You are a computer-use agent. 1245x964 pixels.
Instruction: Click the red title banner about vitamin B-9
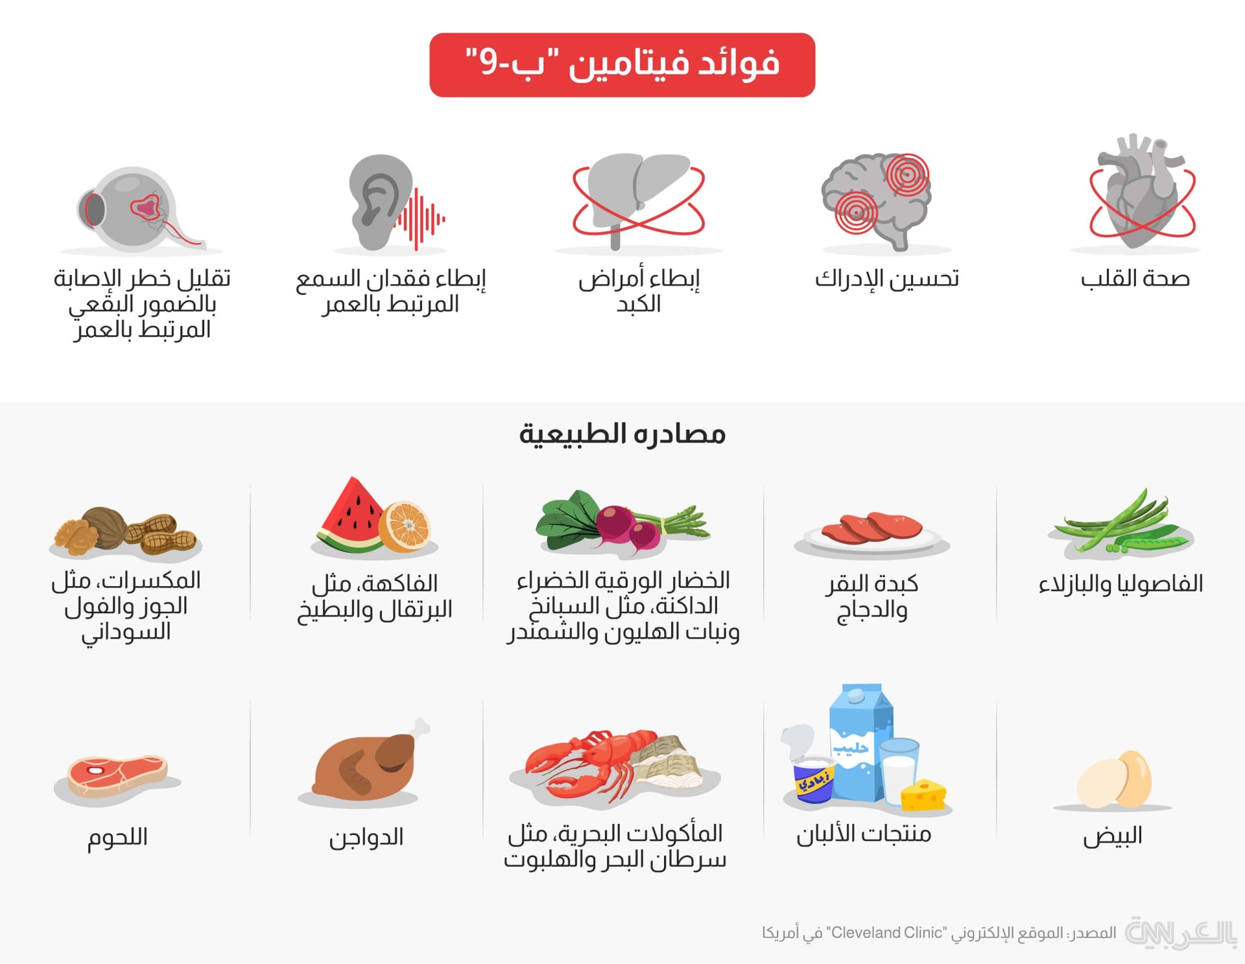click(x=622, y=65)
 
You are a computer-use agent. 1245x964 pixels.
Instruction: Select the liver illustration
click(x=639, y=198)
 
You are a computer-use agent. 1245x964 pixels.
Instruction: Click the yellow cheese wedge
click(x=923, y=795)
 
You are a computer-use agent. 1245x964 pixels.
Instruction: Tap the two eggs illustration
click(x=1114, y=780)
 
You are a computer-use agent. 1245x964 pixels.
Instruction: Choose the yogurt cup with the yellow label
click(x=814, y=781)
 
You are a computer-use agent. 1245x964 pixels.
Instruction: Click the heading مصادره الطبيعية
click(x=622, y=434)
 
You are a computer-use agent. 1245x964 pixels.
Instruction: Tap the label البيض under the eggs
click(x=1113, y=836)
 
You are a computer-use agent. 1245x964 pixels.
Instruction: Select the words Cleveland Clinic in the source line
click(x=886, y=933)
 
